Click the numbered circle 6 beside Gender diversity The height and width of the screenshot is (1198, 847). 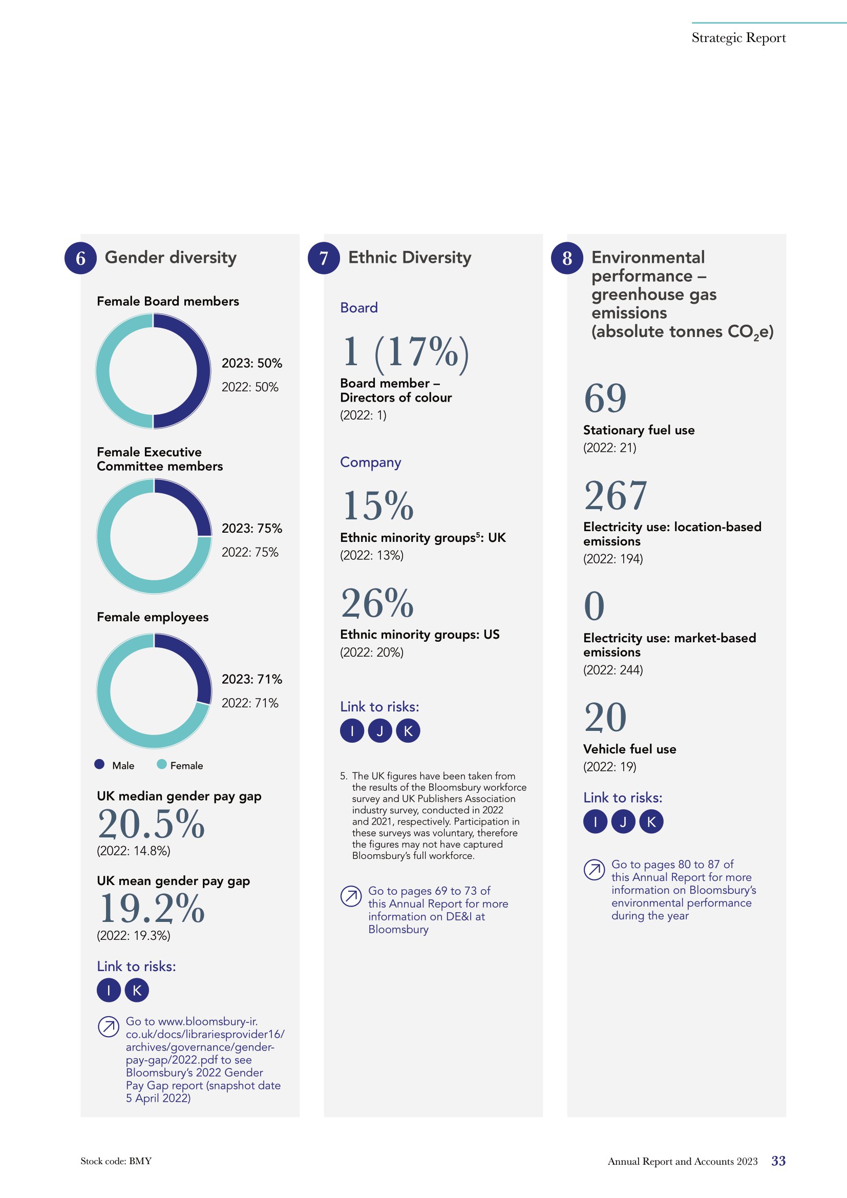(80, 258)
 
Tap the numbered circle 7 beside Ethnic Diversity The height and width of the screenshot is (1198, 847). (324, 258)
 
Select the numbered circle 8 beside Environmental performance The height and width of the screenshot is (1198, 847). (567, 258)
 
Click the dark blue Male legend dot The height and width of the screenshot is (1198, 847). (100, 764)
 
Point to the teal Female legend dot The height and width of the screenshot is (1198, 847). (162, 764)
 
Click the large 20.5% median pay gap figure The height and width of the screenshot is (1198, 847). (151, 824)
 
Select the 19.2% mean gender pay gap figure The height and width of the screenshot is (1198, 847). (151, 909)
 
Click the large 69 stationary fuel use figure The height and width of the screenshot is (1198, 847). (605, 398)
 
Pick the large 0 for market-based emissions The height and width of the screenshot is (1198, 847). (594, 606)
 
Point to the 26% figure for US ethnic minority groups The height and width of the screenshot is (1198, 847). (377, 603)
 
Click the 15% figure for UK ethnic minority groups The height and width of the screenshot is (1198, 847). (377, 506)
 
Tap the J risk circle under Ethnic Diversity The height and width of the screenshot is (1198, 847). (380, 731)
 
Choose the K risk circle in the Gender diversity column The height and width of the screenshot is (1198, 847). (137, 991)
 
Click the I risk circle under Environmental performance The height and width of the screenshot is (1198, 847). (595, 822)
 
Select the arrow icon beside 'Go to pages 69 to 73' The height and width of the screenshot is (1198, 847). (351, 896)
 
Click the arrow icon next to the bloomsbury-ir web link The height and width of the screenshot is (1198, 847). (109, 1027)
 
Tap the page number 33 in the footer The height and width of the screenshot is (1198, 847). (779, 1161)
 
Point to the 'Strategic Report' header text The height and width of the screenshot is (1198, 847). (738, 38)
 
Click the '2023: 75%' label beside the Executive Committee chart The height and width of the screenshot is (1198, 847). (252, 529)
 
